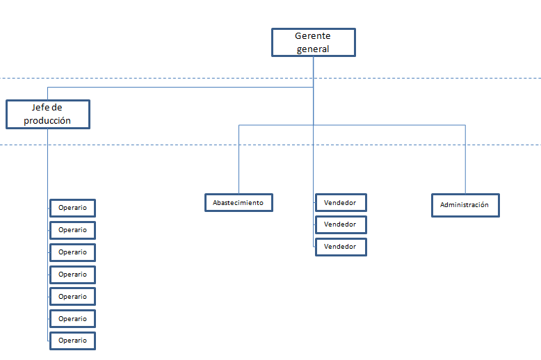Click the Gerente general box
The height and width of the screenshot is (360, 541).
point(314,42)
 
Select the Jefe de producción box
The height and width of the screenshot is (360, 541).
point(48,114)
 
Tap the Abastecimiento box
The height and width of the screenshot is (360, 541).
point(239,203)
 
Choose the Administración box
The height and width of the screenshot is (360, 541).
point(465,205)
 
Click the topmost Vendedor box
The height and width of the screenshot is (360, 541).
point(341,203)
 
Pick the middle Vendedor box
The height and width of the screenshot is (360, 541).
point(341,225)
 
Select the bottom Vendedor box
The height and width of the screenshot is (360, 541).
point(341,247)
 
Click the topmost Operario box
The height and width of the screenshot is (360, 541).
point(72,208)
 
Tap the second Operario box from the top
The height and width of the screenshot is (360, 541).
point(72,230)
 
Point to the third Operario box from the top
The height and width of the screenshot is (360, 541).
point(72,252)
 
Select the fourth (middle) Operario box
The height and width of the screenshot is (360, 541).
point(72,275)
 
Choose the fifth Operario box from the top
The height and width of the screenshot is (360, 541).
point(72,297)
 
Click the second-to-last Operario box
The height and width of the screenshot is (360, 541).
point(72,319)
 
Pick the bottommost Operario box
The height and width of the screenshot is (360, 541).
point(72,341)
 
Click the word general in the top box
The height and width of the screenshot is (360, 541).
point(313,49)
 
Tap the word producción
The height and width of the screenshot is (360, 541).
point(47,121)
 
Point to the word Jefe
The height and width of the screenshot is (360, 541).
point(39,107)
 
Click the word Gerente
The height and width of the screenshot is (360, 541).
point(313,35)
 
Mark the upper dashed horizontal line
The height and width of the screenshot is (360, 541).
point(270,79)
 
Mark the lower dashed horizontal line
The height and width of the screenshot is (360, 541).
point(270,145)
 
